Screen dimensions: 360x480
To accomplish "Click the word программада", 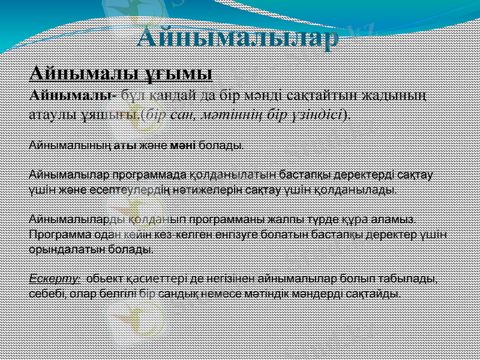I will [x=148, y=175].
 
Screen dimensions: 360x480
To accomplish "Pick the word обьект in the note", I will [x=107, y=278].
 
